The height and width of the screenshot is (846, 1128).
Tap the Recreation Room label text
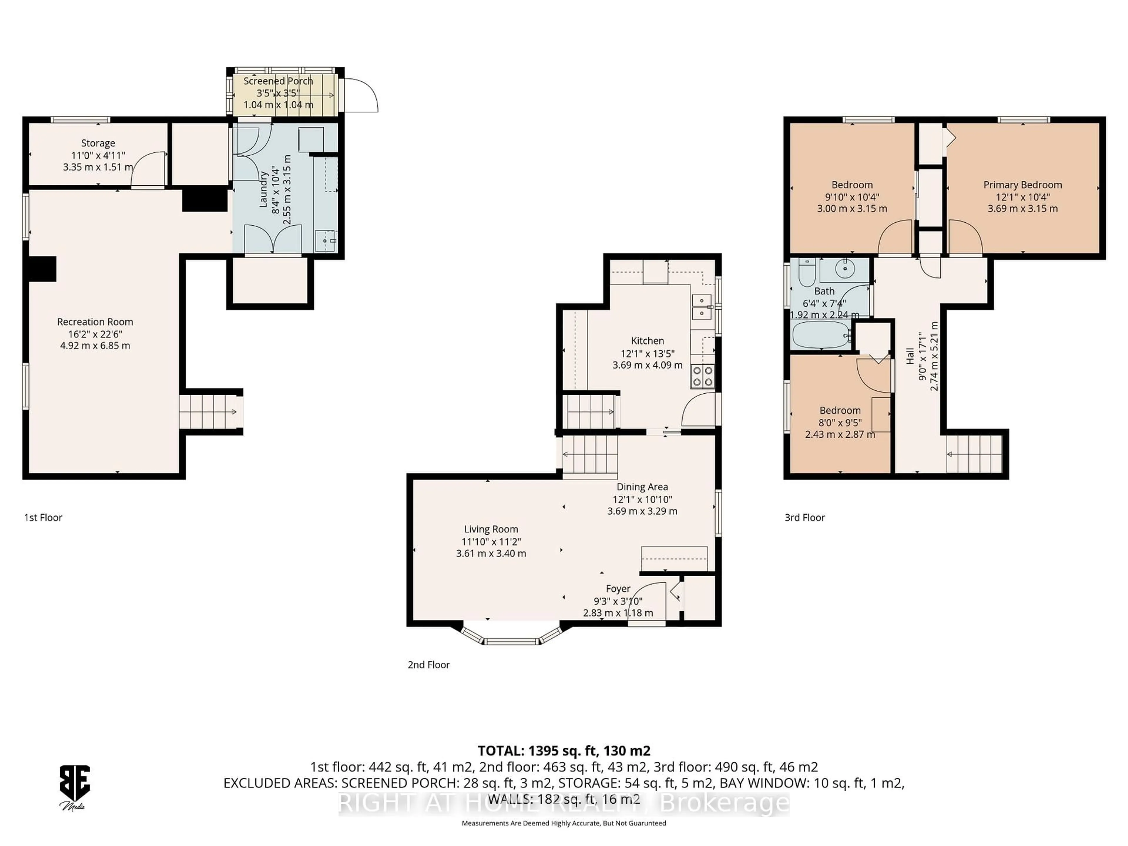95,322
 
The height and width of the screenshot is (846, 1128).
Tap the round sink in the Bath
845,268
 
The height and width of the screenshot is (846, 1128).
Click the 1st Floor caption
43,518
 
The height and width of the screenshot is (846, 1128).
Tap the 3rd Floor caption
804,518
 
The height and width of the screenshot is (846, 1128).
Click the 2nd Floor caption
428,664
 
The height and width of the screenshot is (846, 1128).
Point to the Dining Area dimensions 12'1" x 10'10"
642,500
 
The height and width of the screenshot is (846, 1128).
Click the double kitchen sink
702,306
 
